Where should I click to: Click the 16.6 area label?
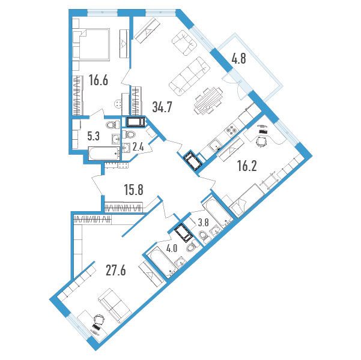click(x=99, y=80)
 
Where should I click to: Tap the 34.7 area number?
click(x=162, y=107)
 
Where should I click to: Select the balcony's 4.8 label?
click(x=238, y=58)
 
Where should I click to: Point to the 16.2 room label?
click(x=247, y=166)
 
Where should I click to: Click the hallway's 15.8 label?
click(x=134, y=190)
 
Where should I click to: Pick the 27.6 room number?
click(x=116, y=271)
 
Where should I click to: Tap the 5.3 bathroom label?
click(x=93, y=136)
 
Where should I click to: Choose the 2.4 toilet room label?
click(x=139, y=146)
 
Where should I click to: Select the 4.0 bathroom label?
click(x=172, y=250)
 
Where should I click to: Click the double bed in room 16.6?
click(x=91, y=44)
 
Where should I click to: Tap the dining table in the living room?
click(x=208, y=101)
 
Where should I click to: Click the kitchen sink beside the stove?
click(x=214, y=145)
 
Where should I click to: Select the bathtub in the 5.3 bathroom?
click(x=104, y=153)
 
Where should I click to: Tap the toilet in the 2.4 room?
click(x=129, y=134)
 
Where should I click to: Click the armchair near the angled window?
click(x=184, y=43)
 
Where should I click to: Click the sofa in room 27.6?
click(x=115, y=305)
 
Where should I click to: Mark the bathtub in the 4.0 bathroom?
click(x=161, y=262)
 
